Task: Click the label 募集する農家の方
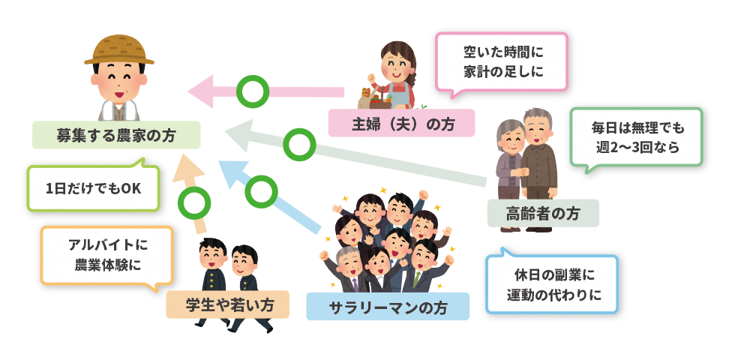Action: click(x=116, y=136)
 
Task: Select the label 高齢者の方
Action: click(x=543, y=213)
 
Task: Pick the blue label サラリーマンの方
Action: click(x=388, y=306)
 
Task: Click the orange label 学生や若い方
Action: click(x=227, y=305)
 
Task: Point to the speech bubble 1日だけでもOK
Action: click(x=93, y=188)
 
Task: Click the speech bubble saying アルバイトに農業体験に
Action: click(x=107, y=255)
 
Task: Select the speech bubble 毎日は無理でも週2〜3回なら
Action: click(x=637, y=137)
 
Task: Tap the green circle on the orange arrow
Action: click(x=195, y=201)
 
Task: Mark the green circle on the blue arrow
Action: click(x=261, y=190)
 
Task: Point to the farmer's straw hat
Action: click(x=119, y=49)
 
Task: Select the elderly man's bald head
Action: click(x=536, y=116)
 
